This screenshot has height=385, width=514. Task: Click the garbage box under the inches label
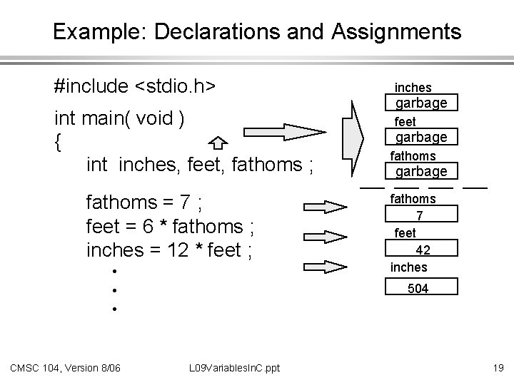tap(421, 103)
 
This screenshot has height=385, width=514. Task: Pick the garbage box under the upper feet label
tap(421, 136)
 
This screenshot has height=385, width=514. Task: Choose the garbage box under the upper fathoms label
tap(421, 171)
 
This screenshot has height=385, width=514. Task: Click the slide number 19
tap(498, 367)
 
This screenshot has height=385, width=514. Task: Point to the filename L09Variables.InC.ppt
tap(235, 367)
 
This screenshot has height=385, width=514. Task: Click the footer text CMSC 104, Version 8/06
tap(65, 367)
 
